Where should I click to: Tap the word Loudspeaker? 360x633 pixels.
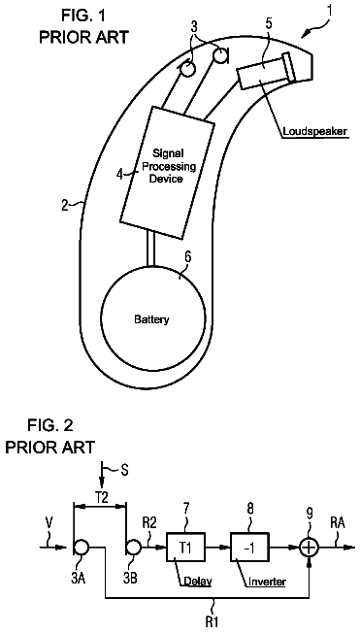pyautogui.click(x=315, y=131)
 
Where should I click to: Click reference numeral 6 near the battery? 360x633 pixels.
pyautogui.click(x=187, y=256)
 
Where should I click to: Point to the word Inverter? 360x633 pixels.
pyautogui.click(x=267, y=582)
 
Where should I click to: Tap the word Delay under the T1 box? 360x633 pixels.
pyautogui.click(x=198, y=582)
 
